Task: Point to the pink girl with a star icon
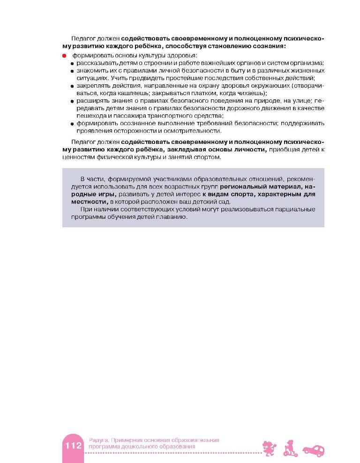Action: point(267,448)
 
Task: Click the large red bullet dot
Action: point(65,56)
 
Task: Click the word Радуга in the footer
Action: point(95,440)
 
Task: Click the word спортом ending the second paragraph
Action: point(206,157)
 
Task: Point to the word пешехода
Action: point(92,116)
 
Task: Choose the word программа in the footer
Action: point(99,447)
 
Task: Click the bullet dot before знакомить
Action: point(73,71)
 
